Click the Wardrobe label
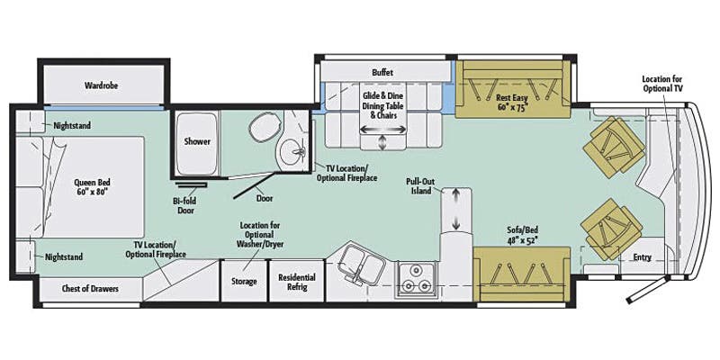(x=102, y=85)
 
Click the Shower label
(x=197, y=141)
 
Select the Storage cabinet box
(x=244, y=281)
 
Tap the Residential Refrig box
(x=296, y=281)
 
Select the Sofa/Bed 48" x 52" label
(x=521, y=237)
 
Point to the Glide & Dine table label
(x=383, y=104)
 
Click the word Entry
(x=642, y=257)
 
